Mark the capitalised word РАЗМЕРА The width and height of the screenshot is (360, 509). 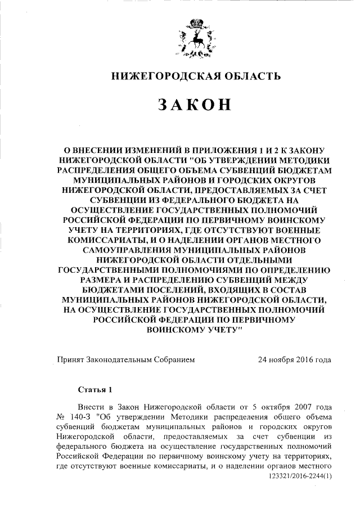(102, 279)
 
